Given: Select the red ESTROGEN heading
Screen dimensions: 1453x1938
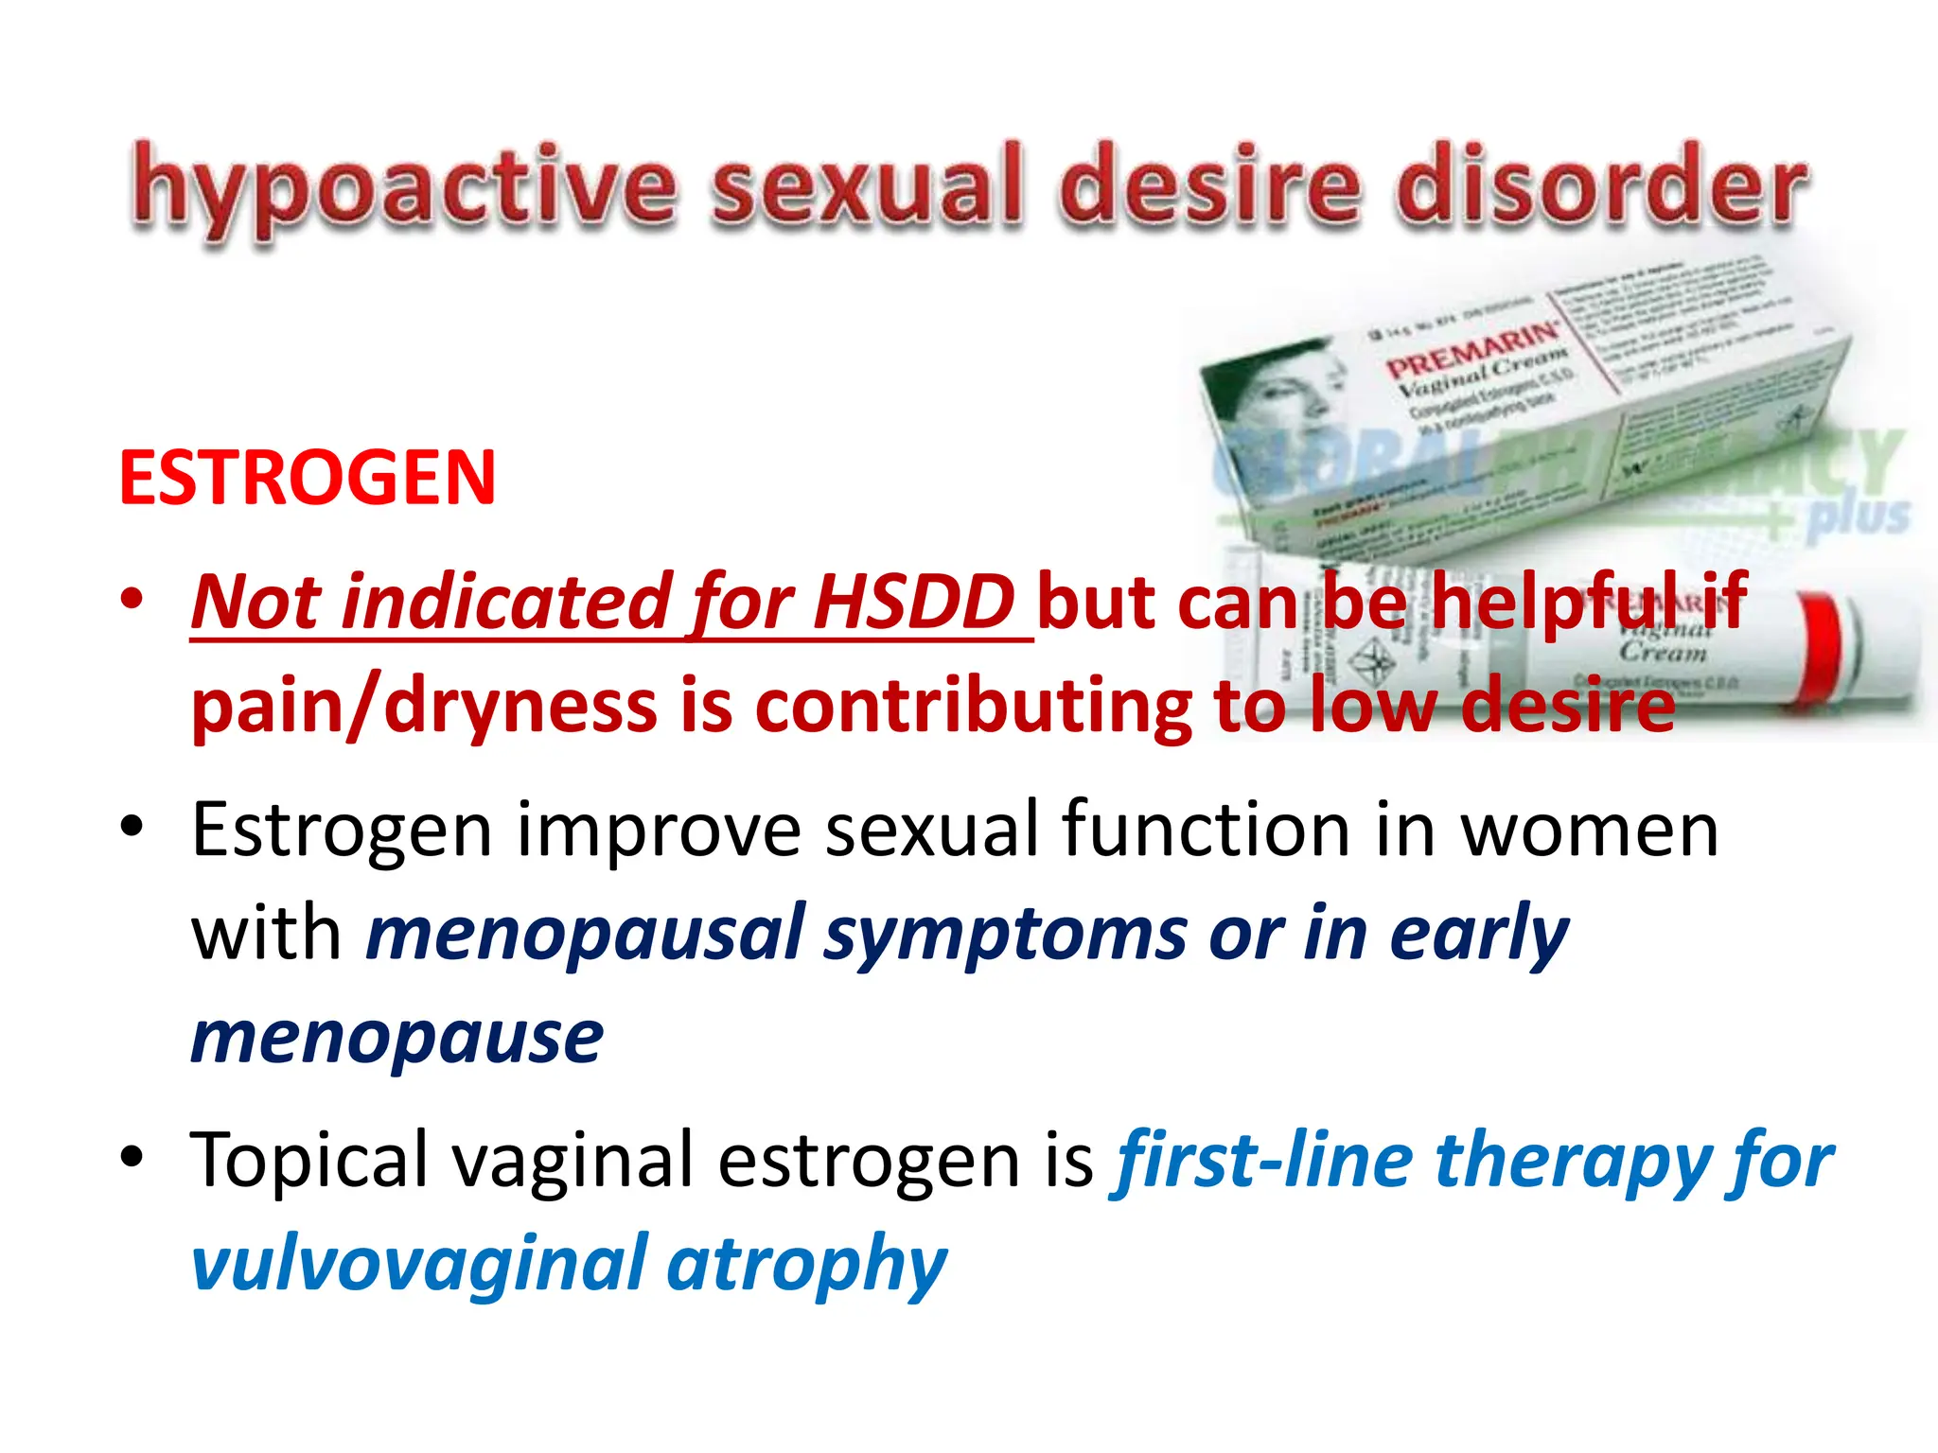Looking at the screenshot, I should (x=308, y=478).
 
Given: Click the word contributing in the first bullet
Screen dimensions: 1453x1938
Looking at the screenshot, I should (x=974, y=707).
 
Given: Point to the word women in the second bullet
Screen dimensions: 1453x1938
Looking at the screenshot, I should (x=1589, y=830).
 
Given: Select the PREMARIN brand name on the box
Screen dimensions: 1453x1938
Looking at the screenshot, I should (x=1472, y=350).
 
